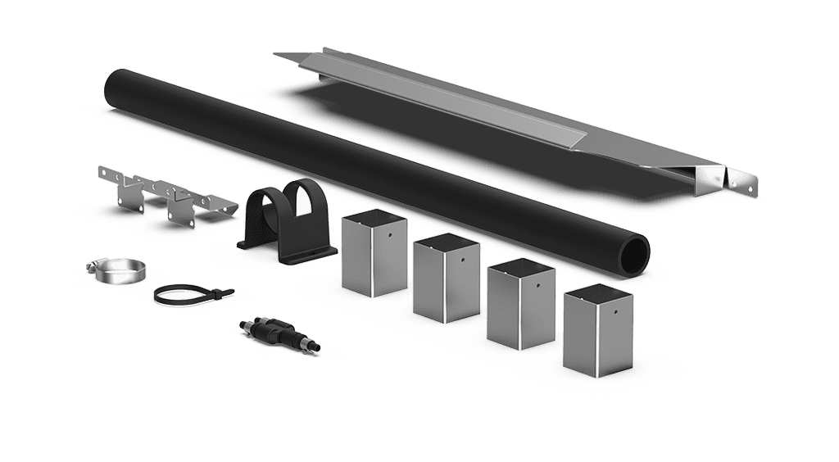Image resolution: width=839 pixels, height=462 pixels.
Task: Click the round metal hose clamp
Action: pyautogui.click(x=115, y=270)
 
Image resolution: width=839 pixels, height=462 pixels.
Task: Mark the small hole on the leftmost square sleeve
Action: pyautogui.click(x=392, y=234)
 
